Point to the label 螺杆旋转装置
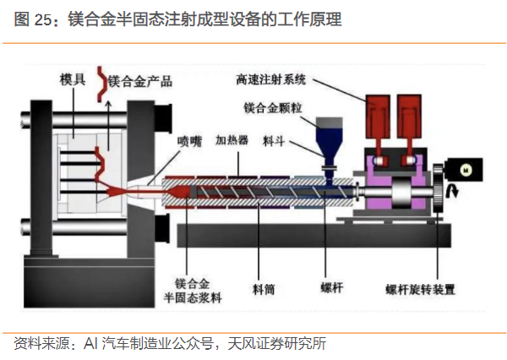pos(420,290)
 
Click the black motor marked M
pos(464,169)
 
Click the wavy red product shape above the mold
pos(106,80)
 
